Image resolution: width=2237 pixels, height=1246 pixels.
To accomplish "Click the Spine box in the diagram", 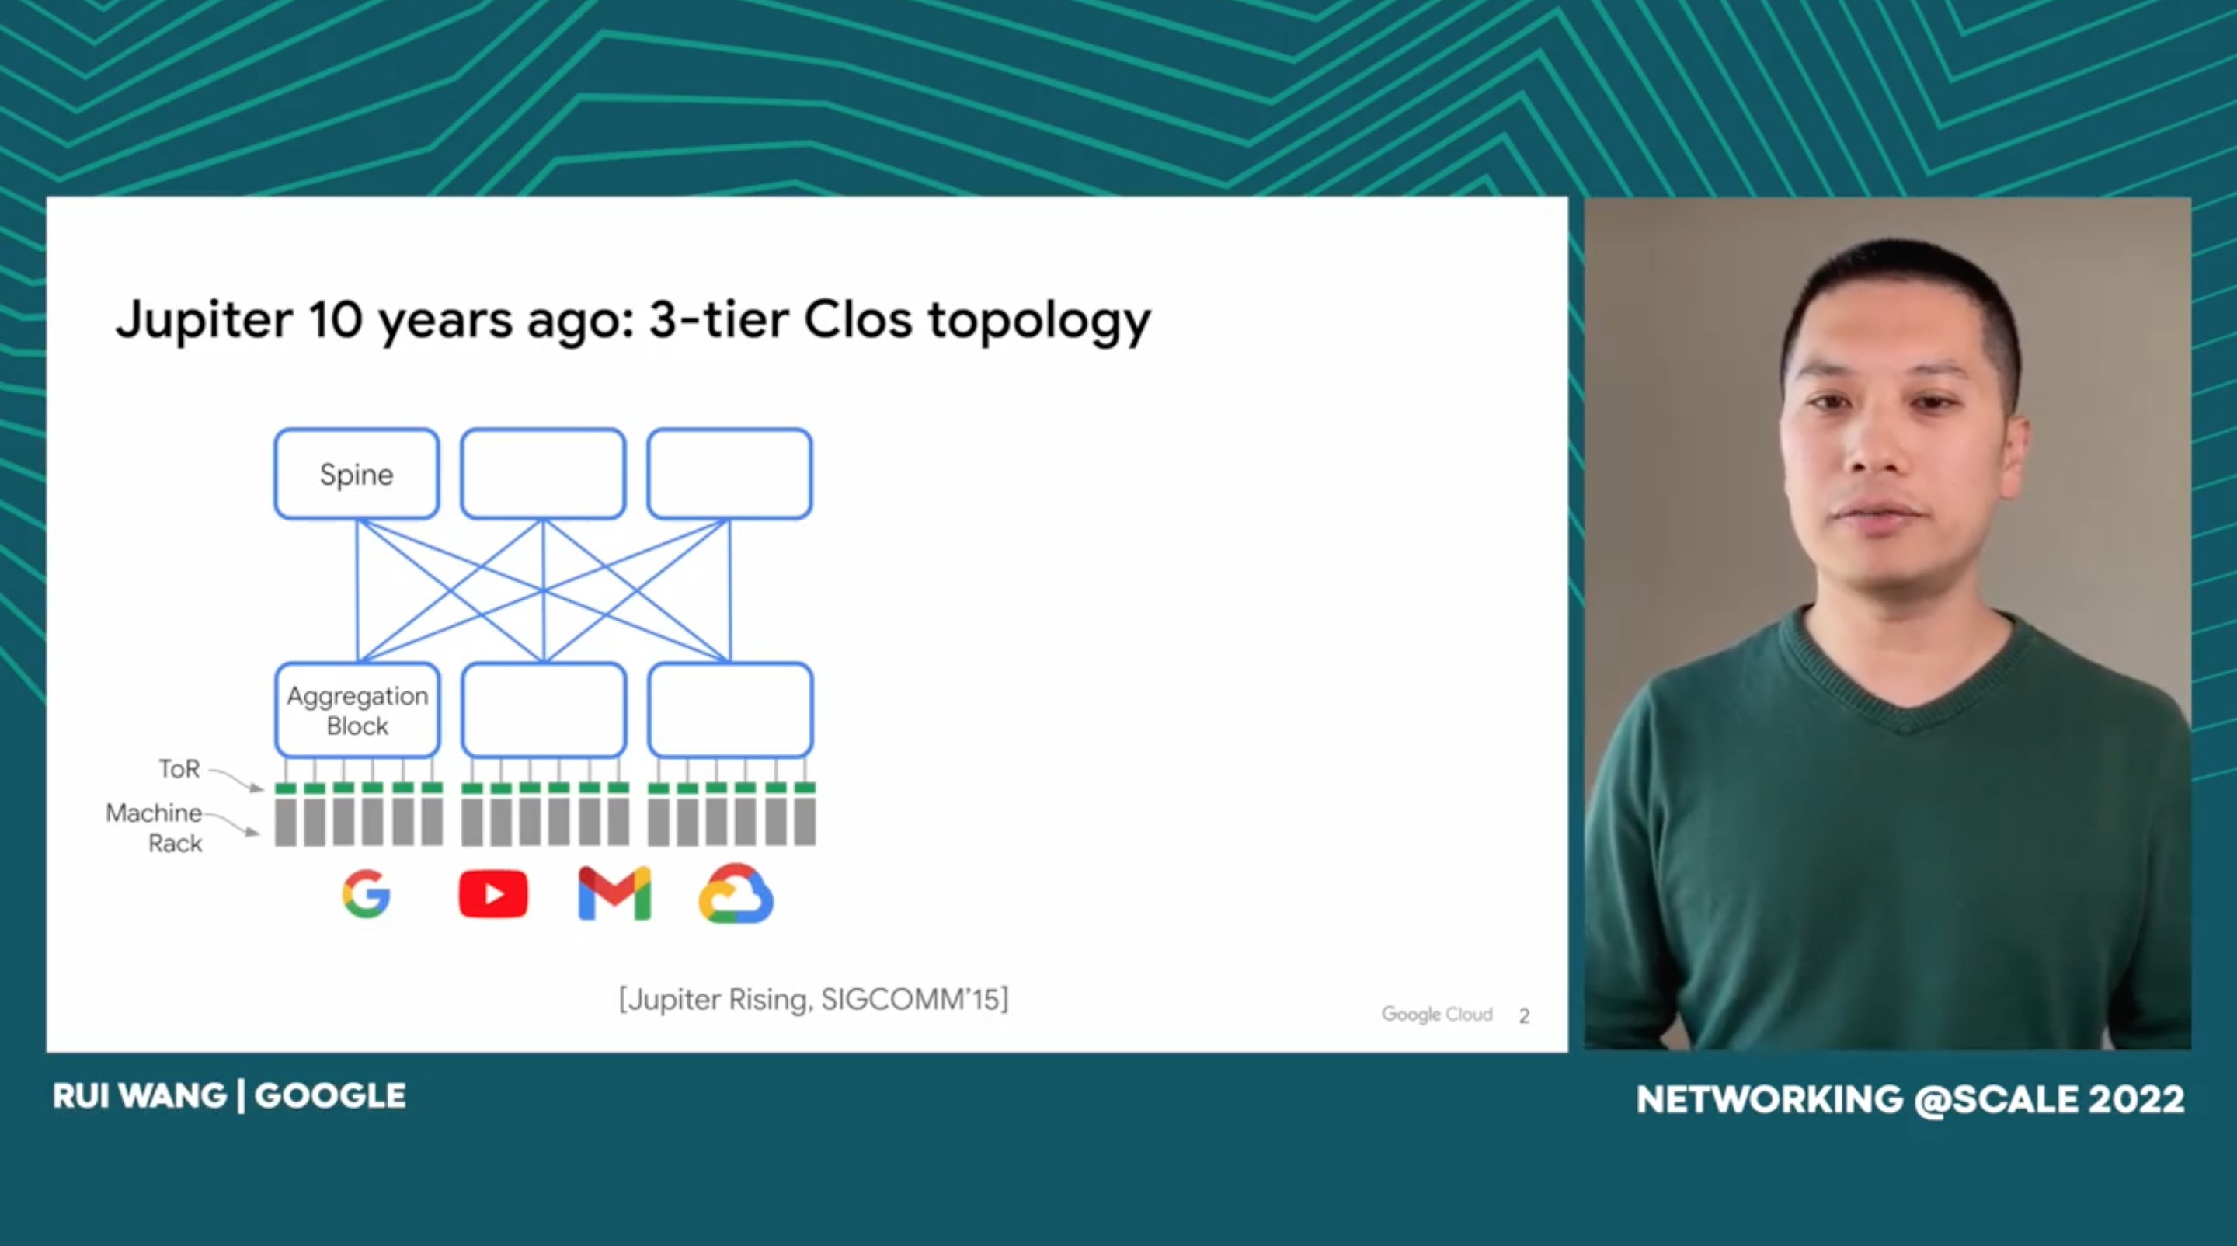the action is pyautogui.click(x=356, y=474).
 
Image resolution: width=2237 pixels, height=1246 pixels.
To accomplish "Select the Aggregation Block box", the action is pyautogui.click(x=357, y=710).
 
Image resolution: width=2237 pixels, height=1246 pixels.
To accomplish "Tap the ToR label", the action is pyautogui.click(x=179, y=768).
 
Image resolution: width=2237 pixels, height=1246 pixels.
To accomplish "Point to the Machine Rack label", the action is pyautogui.click(x=154, y=827).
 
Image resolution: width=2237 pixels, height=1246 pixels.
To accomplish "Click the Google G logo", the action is pyautogui.click(x=366, y=893).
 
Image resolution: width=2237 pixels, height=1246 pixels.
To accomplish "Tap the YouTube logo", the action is pyautogui.click(x=493, y=894).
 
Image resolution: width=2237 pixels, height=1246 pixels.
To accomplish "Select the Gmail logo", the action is pyautogui.click(x=615, y=893).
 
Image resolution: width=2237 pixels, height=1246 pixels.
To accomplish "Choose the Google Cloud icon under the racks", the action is pyautogui.click(x=736, y=893).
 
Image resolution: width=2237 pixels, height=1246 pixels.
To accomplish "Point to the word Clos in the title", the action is pyautogui.click(x=858, y=318).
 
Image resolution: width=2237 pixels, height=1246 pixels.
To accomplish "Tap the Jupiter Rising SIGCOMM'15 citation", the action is pyautogui.click(x=814, y=1000).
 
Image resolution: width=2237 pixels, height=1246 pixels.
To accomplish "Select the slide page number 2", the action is pyautogui.click(x=1524, y=1015).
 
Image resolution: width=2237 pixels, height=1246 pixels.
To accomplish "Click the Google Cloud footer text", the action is pyautogui.click(x=1437, y=1015).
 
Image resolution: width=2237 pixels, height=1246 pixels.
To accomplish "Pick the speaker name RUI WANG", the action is pyautogui.click(x=140, y=1096).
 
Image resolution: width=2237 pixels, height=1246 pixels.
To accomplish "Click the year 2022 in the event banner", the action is pyautogui.click(x=2136, y=1099).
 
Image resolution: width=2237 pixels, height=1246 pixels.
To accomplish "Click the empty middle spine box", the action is pyautogui.click(x=543, y=474).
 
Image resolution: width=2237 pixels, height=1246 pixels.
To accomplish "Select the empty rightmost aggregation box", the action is pyautogui.click(x=730, y=710).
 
